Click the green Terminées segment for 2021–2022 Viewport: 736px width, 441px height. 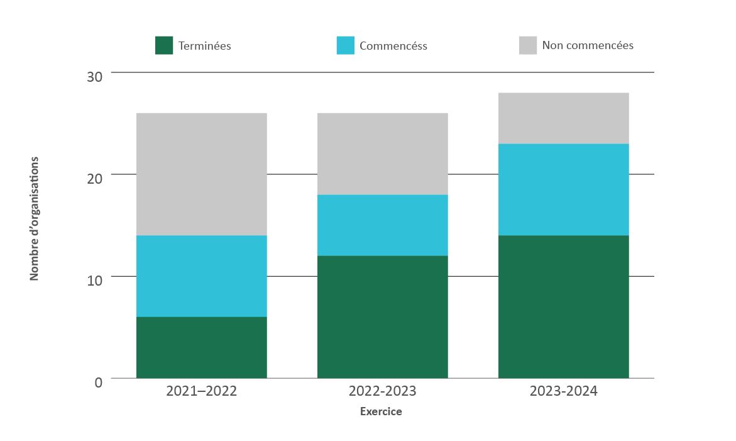[x=202, y=347]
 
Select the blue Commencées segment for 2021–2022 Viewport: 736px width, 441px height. [x=202, y=276]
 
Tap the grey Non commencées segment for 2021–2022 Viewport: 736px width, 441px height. [x=202, y=174]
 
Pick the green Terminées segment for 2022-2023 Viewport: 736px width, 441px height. [x=383, y=316]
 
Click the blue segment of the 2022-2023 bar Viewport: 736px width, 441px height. [x=383, y=225]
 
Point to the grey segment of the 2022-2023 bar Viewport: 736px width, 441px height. [x=383, y=154]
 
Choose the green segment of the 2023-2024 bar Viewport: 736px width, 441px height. [x=564, y=306]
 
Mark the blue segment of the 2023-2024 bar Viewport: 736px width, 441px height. [x=564, y=189]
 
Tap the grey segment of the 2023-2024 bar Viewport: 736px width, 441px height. [x=564, y=118]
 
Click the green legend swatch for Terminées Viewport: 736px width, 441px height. [x=164, y=45]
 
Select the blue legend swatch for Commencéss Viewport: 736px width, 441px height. [x=345, y=45]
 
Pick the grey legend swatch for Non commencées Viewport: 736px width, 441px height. [x=528, y=45]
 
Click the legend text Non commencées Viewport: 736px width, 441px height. [x=588, y=45]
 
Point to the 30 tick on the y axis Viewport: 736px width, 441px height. [x=94, y=77]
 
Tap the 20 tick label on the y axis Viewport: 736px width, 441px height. [x=94, y=179]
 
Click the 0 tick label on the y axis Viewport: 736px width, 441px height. [x=98, y=382]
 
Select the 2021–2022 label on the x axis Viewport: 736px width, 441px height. [x=202, y=391]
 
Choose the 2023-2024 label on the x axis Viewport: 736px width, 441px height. [x=564, y=391]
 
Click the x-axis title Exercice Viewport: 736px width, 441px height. [x=381, y=412]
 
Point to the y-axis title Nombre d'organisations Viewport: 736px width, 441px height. [x=35, y=218]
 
